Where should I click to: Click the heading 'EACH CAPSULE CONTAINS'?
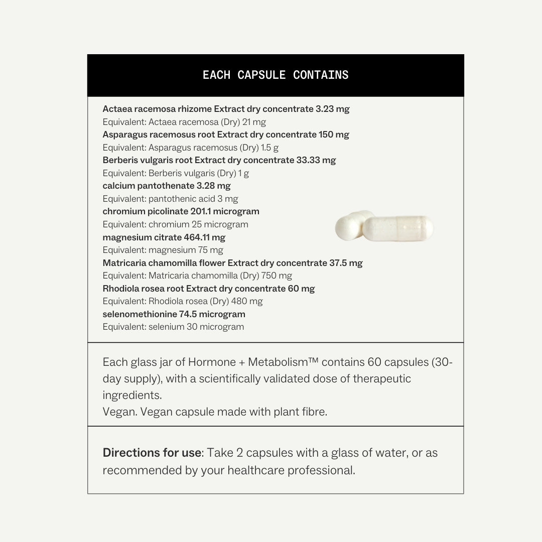tap(276, 75)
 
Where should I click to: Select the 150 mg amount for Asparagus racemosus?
tap(334, 134)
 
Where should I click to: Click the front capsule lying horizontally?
tap(397, 228)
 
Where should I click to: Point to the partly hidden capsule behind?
tap(351, 226)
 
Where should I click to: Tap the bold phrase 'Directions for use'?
tap(152, 453)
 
